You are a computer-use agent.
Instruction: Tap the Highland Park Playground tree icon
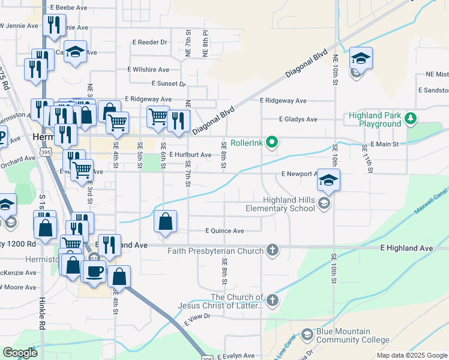coord(411,118)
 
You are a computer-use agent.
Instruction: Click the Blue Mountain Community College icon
coord(307,334)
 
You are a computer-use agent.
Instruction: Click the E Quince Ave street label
coord(224,230)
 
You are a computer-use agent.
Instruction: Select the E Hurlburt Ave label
coord(190,155)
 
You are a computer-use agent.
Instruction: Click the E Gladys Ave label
coord(297,119)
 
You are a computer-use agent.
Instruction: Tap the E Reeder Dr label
coord(150,42)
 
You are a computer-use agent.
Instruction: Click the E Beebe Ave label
coord(69,7)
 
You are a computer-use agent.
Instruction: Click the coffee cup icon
coord(94,271)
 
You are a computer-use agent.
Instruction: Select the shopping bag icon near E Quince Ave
coord(166,221)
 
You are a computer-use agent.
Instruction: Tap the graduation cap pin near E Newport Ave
coord(328,179)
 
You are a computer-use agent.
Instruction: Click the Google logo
coord(20,353)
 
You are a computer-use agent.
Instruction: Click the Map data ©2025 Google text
coord(412,355)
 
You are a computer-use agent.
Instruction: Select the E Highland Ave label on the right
coord(406,248)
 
